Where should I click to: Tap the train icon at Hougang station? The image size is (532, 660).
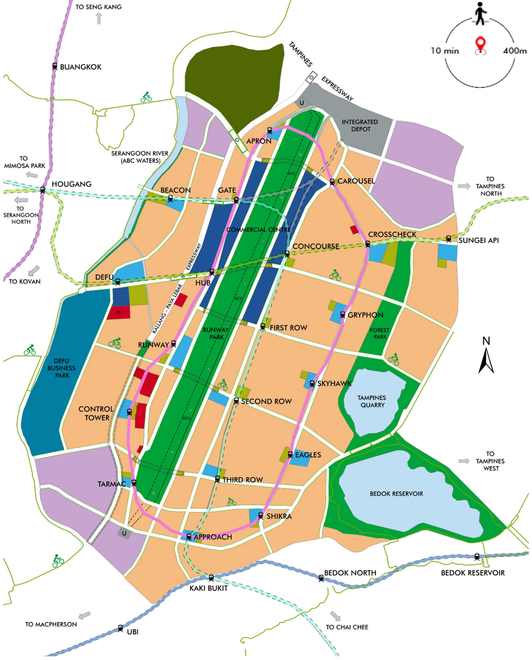[43, 189]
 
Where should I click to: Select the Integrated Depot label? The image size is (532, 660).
[360, 126]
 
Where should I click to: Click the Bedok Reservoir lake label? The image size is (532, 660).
[396, 494]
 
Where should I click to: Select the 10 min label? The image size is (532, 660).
[444, 50]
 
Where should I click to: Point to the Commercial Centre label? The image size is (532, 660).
[259, 229]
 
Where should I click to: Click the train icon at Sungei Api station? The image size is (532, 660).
[449, 239]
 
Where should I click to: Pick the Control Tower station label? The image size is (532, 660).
[94, 413]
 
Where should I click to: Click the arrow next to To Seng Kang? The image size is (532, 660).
[99, 19]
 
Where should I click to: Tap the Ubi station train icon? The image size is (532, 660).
[120, 628]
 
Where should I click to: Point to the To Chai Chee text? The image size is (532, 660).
[347, 626]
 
